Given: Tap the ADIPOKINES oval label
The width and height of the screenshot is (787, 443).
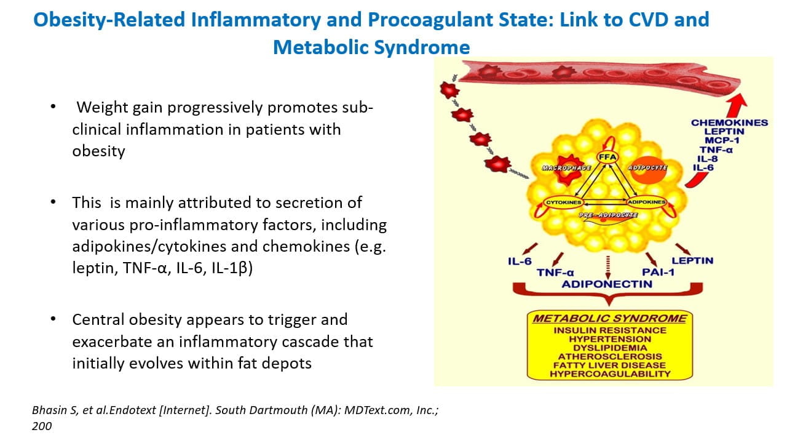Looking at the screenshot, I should click(646, 202).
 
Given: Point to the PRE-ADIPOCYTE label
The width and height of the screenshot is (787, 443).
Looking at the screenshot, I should click(608, 215).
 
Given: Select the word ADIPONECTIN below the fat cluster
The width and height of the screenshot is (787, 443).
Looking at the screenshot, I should click(607, 284).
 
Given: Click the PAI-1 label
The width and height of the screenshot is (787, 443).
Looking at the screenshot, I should click(658, 272).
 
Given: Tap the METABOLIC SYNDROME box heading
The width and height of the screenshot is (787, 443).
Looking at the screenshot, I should click(609, 319).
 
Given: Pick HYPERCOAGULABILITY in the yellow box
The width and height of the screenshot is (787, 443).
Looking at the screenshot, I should click(609, 373).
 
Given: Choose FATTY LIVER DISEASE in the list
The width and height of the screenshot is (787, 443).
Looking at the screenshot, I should click(609, 365).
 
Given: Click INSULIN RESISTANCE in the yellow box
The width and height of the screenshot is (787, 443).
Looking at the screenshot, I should click(609, 330).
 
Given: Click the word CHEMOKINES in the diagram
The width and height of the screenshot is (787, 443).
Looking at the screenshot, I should click(729, 122).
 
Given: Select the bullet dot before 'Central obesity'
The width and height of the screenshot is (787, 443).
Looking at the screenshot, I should click(53, 319).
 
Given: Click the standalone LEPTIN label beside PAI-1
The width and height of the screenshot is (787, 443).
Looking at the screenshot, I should click(692, 260).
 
